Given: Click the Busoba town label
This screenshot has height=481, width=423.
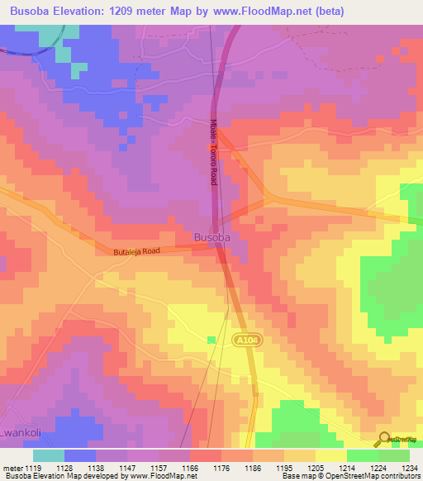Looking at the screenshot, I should click(211, 237).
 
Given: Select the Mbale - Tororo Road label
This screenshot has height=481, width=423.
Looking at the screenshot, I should click(212, 153).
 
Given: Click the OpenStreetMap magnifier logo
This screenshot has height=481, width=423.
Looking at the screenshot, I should click(384, 440).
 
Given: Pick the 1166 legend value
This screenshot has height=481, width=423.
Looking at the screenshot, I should click(191, 468).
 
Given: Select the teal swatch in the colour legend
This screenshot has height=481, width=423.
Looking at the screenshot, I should click(49, 455).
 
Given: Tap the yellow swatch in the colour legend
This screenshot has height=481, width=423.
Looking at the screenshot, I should click(331, 455).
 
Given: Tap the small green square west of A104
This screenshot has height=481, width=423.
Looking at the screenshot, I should click(211, 340).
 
